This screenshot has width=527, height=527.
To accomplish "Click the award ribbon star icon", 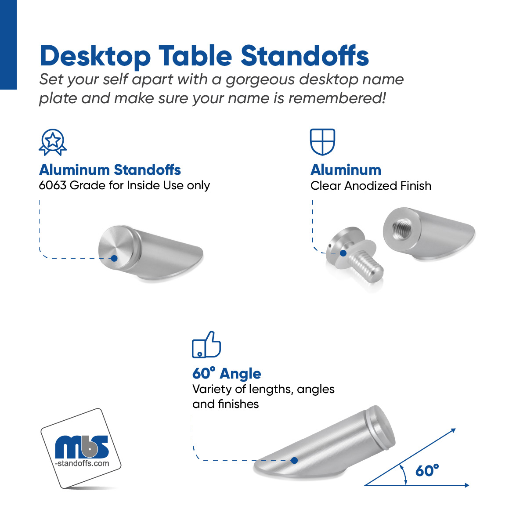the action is coord(53,142).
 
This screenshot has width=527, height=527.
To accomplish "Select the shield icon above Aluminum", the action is coord(322,142).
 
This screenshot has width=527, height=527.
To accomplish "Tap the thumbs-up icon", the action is coord(206,345).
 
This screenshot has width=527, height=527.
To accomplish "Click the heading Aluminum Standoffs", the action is coord(110,170).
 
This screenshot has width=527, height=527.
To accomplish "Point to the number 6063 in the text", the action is coord(53,185).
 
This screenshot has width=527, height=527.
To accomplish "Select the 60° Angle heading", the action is coord(227,373).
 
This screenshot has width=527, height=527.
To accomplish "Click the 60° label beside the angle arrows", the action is coord(426,471).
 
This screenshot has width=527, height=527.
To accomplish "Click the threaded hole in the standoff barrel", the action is coord(401,229).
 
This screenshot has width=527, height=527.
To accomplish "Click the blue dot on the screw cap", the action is coord(343,253).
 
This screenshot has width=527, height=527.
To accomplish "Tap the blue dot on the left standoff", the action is coord(114,258).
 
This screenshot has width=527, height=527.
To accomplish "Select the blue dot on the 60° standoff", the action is coord(294,461).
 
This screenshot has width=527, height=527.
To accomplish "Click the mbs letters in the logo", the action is coord(82,447).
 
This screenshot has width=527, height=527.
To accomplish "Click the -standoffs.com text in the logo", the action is coord(82,463).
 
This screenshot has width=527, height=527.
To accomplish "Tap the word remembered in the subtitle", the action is coord(337,98).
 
